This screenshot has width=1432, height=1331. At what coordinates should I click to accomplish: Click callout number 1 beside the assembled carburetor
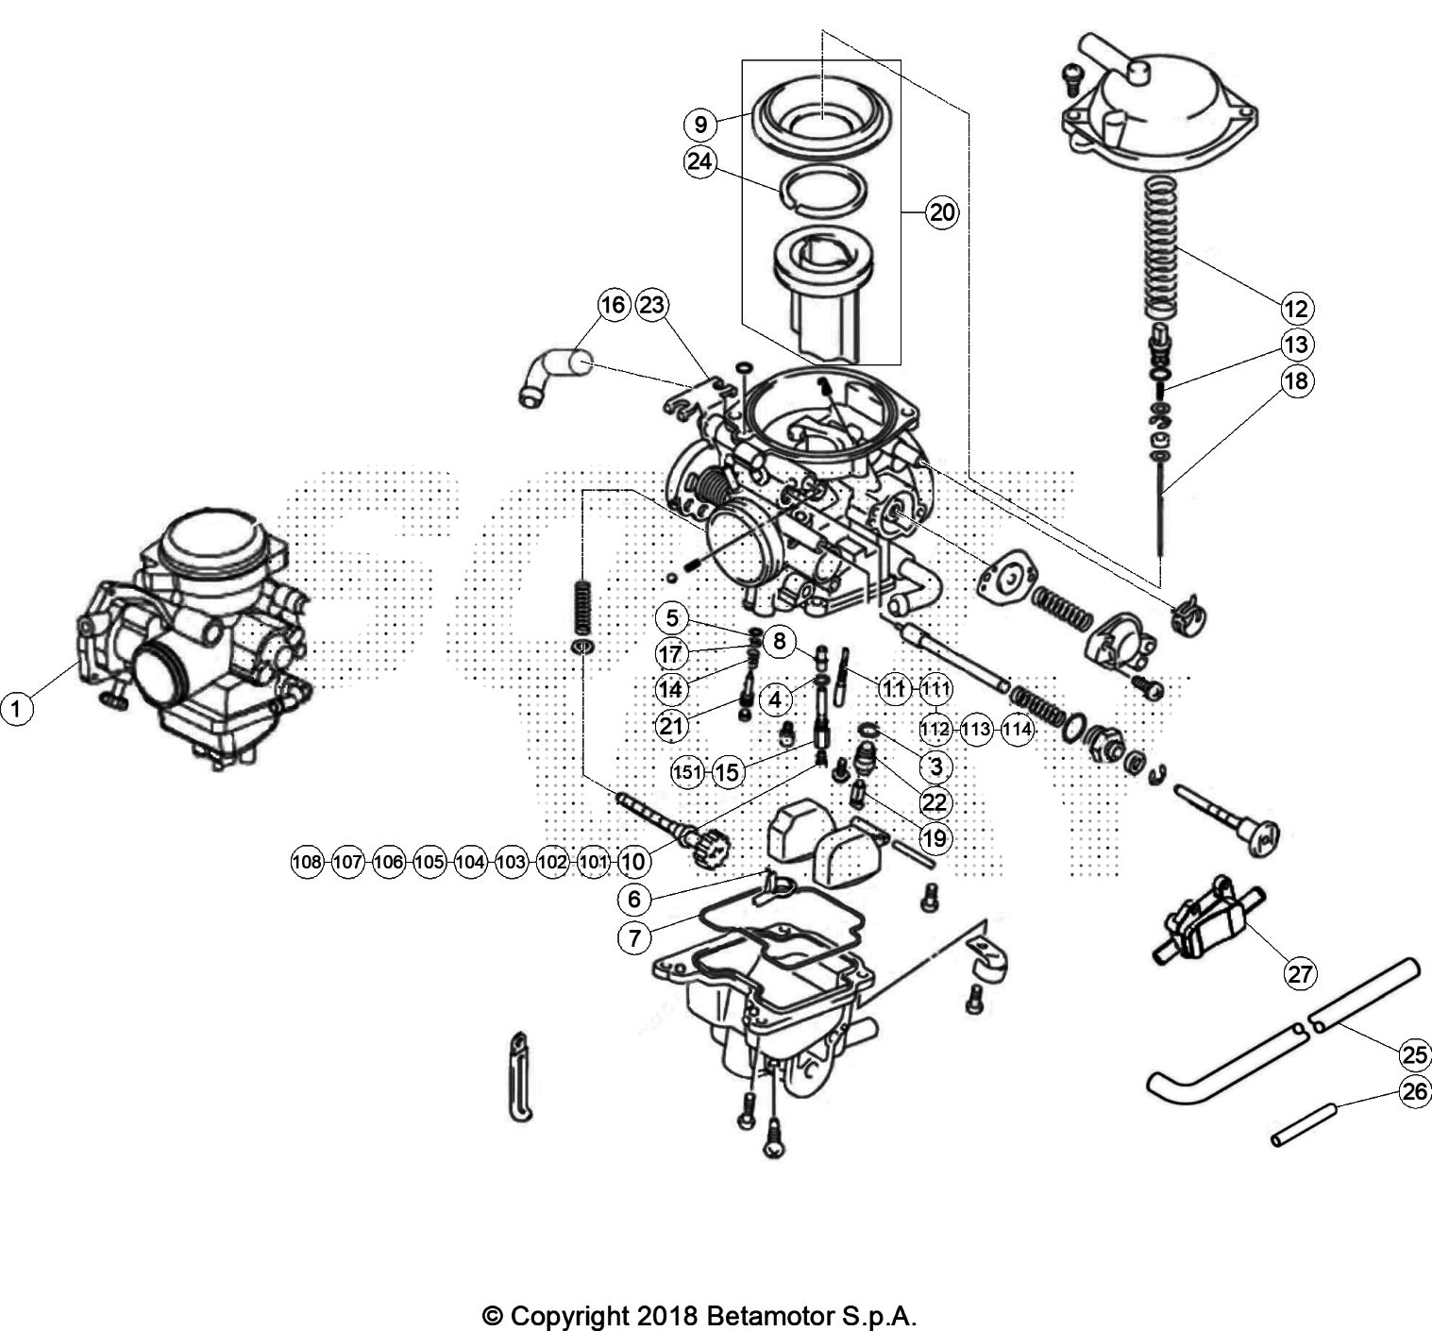[x=16, y=706]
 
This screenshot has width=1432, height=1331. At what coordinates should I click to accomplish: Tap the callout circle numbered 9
[x=699, y=124]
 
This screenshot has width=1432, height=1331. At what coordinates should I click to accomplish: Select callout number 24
[x=699, y=161]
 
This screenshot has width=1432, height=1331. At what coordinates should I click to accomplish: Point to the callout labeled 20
[x=941, y=212]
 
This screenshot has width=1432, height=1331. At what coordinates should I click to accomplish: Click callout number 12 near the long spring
[x=1297, y=308]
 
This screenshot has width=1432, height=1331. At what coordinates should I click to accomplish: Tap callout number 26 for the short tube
[x=1414, y=1093]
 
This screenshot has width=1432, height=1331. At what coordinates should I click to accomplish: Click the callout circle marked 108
[x=307, y=861]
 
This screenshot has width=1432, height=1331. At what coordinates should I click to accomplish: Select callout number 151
[x=687, y=771]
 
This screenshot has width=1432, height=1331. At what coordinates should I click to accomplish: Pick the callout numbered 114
[x=1017, y=729]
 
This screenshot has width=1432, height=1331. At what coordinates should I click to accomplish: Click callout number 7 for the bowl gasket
[x=635, y=937]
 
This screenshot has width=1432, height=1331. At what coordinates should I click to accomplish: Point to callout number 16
[x=613, y=305]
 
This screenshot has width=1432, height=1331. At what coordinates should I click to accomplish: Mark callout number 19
[x=936, y=837]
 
